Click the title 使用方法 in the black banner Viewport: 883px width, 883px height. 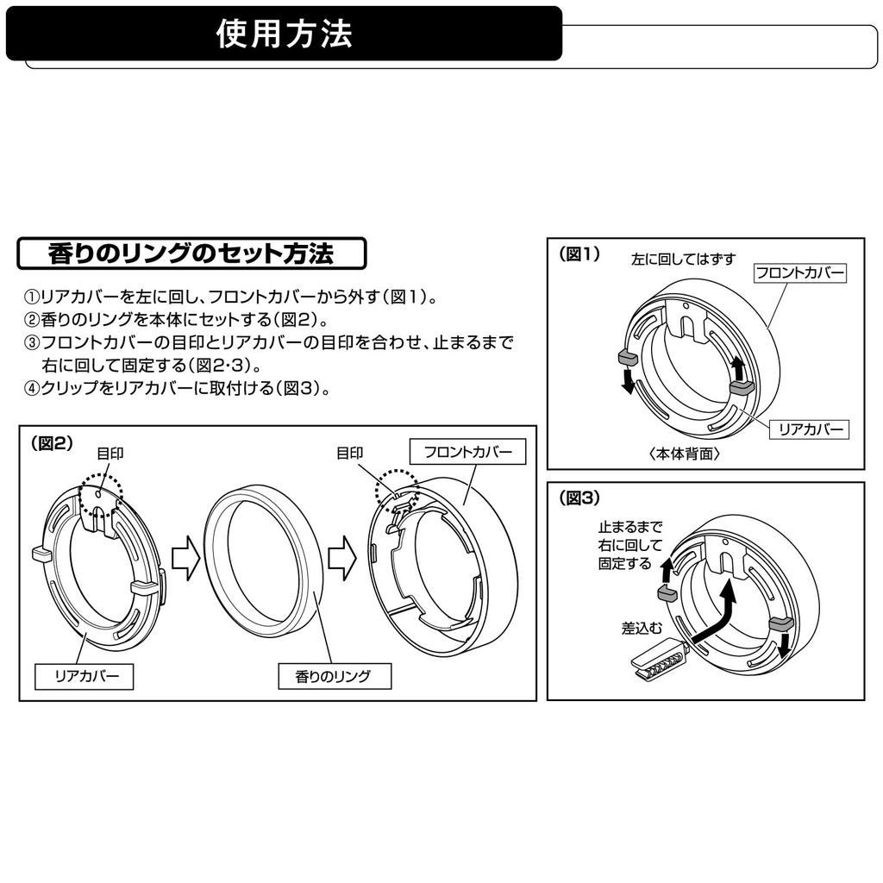coord(284,34)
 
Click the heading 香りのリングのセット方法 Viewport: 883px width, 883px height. coord(191,254)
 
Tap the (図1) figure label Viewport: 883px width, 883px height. coord(579,254)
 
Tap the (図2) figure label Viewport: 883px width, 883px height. coord(51,443)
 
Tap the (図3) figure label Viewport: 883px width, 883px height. coord(579,498)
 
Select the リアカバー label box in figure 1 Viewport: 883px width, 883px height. coord(810,429)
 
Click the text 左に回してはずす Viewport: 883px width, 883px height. coord(683,259)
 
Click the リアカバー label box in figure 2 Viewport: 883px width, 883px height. coord(84,676)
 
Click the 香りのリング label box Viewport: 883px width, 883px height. coord(334,676)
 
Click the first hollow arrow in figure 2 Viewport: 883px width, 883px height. coord(185,560)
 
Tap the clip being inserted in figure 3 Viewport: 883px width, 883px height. coord(657,663)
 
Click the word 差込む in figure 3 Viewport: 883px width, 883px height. coord(642,629)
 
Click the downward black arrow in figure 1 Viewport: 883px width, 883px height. coord(629,379)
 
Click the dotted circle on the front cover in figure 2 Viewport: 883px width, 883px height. coord(397,490)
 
